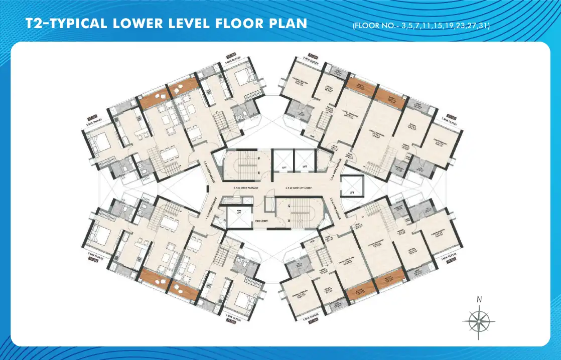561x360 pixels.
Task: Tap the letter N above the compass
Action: (479, 300)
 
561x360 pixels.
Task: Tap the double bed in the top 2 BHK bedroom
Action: (242, 78)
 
